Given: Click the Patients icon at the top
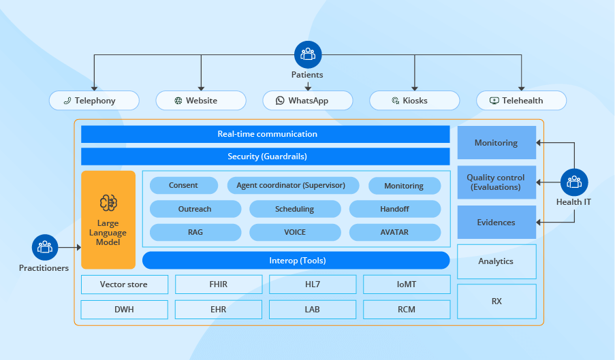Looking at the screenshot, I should click(308, 54).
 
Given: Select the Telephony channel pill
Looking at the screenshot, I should click(94, 101).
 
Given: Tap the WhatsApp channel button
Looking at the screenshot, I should click(308, 101).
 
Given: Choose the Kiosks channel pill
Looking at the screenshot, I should click(414, 101).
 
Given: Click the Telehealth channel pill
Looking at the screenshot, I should click(521, 101).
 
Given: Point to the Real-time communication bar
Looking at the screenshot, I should click(266, 134).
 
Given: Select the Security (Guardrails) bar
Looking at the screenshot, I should click(266, 157).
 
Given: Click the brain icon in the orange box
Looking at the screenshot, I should click(108, 202).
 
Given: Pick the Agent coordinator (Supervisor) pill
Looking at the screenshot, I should click(291, 186).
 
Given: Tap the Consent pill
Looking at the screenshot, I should click(183, 186).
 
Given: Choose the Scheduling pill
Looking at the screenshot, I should click(294, 209).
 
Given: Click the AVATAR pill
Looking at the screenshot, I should click(394, 232).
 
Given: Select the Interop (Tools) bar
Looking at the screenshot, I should click(296, 261).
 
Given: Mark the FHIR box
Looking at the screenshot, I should click(219, 284).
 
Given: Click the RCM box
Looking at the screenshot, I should click(407, 310).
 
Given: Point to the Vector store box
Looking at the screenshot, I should click(124, 284).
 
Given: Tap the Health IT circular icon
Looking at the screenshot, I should click(573, 182).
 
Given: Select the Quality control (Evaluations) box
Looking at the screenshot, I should click(496, 182).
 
